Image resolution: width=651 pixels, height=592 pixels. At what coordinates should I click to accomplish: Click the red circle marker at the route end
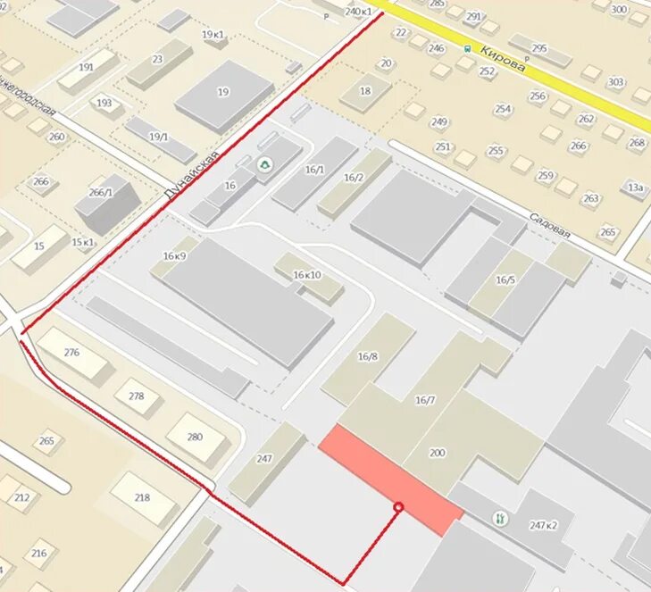[x=399, y=507]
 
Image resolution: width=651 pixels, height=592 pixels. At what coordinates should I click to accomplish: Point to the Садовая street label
[x=548, y=223]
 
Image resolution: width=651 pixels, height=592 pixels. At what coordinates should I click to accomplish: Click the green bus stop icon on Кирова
[x=466, y=49]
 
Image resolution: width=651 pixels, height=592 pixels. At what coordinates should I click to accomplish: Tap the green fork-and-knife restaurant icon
[x=500, y=517]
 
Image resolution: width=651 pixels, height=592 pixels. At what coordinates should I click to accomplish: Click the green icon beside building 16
[x=264, y=165]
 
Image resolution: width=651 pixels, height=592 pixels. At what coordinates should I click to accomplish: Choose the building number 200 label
[x=437, y=453]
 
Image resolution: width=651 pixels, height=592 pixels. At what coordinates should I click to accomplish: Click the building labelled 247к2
[x=543, y=525]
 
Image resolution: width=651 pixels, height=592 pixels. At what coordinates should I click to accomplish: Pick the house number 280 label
[x=195, y=437]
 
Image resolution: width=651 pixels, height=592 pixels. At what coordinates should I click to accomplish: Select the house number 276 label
[x=71, y=352]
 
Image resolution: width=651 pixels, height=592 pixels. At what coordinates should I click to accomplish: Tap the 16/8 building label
[x=367, y=356]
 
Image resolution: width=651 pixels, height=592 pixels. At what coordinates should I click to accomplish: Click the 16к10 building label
[x=306, y=276]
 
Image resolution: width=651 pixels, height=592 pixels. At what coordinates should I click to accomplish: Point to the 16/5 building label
[x=505, y=279]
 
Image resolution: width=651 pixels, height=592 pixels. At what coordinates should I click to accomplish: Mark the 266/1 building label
[x=101, y=192]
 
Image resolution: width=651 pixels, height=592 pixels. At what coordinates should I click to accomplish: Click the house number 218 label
[x=142, y=497]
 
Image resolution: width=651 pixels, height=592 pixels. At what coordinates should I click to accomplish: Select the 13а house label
[x=634, y=188]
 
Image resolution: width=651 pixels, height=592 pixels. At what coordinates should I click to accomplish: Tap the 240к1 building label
[x=357, y=12]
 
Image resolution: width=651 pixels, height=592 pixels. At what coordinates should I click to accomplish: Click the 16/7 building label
[x=425, y=401]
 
